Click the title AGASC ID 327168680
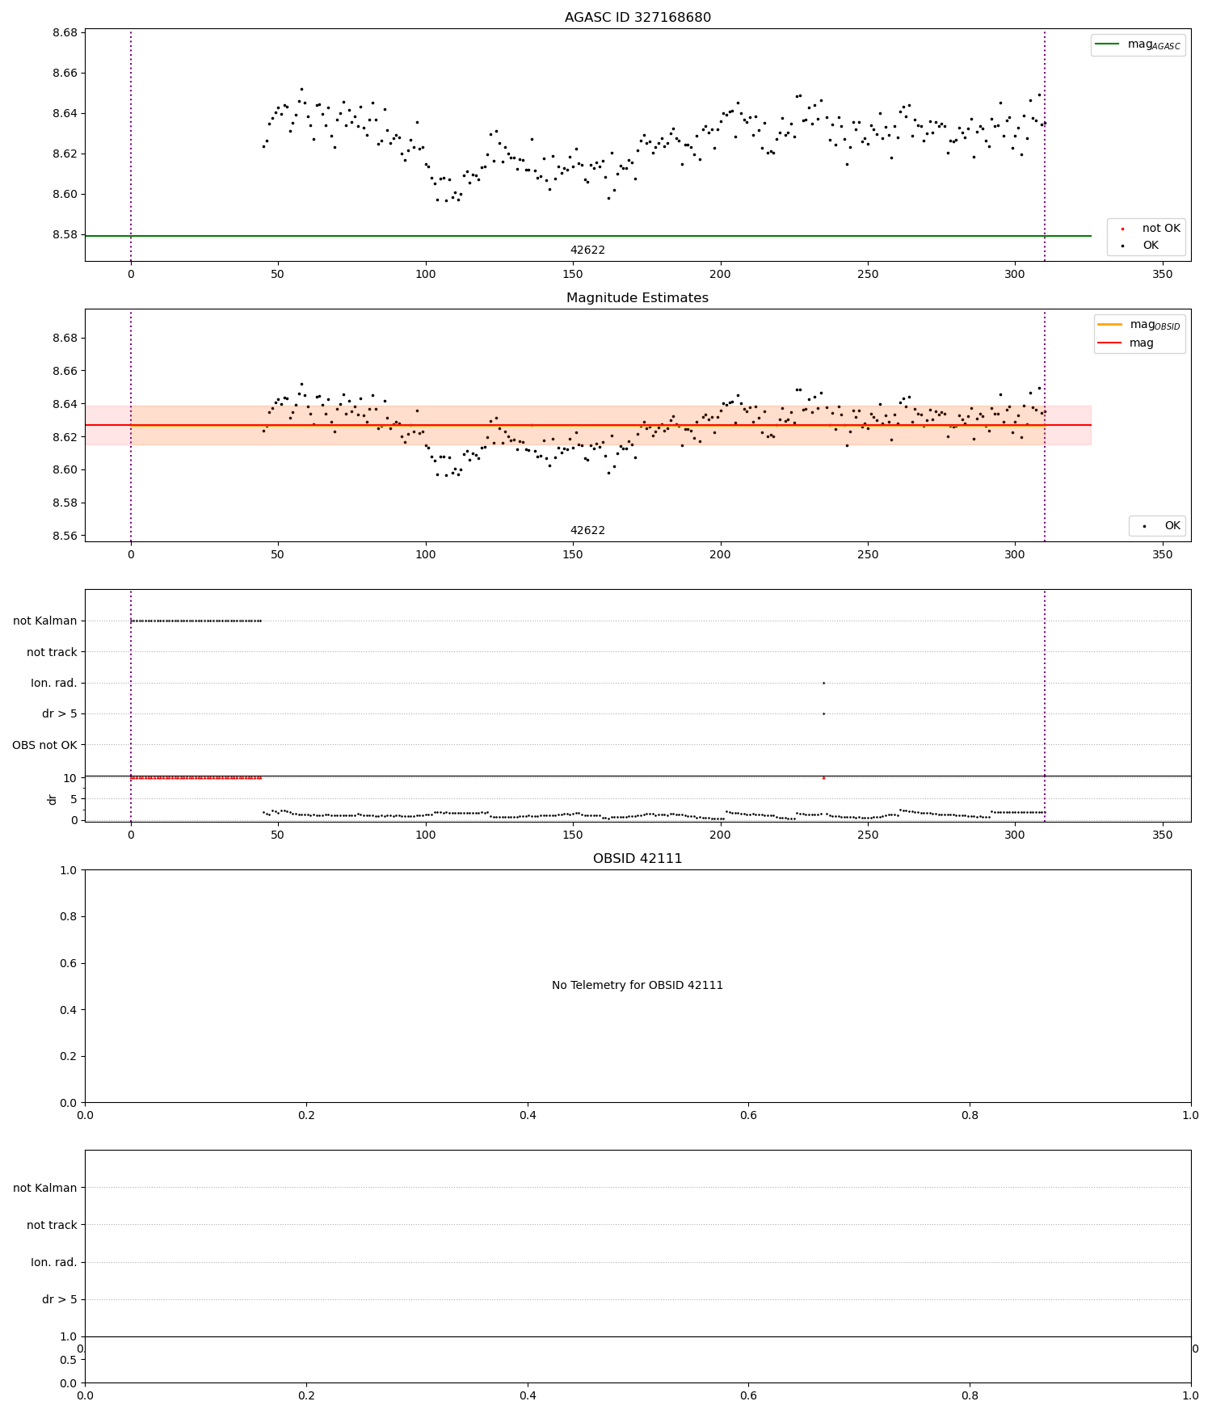click(638, 18)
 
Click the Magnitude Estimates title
click(638, 298)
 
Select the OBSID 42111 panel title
click(638, 859)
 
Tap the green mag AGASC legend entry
click(1138, 44)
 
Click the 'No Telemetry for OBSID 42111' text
click(638, 986)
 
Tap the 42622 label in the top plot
click(587, 250)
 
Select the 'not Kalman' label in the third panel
click(45, 621)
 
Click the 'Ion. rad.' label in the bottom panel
click(54, 1262)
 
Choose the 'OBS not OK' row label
click(45, 745)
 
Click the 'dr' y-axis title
click(53, 799)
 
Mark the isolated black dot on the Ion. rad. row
click(823, 684)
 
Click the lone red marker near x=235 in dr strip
click(823, 778)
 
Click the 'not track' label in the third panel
click(52, 652)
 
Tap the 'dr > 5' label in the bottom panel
click(60, 1299)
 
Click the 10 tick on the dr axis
click(70, 778)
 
